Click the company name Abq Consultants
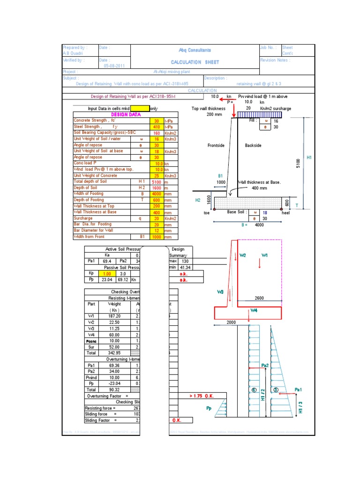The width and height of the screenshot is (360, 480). click(195, 50)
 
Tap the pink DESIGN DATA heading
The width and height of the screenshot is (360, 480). click(126, 114)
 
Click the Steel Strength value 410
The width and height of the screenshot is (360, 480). click(156, 127)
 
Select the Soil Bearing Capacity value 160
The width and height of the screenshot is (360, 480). click(156, 133)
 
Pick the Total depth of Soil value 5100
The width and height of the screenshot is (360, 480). click(156, 181)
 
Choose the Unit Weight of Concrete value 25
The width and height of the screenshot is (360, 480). click(156, 175)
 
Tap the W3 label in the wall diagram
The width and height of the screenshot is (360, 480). click(220, 292)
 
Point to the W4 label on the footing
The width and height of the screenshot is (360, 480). click(254, 310)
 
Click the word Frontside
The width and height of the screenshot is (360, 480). click(216, 146)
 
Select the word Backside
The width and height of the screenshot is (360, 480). click(253, 146)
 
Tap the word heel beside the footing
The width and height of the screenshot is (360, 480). click(286, 212)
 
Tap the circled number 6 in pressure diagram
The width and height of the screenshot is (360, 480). click(254, 390)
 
